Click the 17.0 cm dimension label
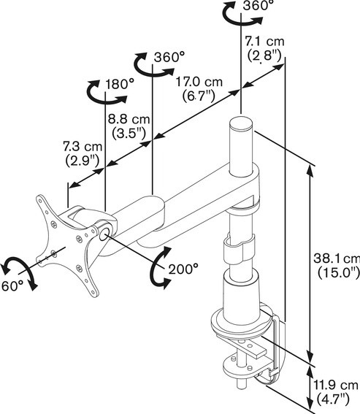199,82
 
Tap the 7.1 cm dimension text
264,42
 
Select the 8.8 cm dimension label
129,120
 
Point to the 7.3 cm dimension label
83,147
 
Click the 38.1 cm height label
337,258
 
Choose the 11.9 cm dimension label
335,386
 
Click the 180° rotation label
120,84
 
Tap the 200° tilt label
183,269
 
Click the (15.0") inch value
338,273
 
